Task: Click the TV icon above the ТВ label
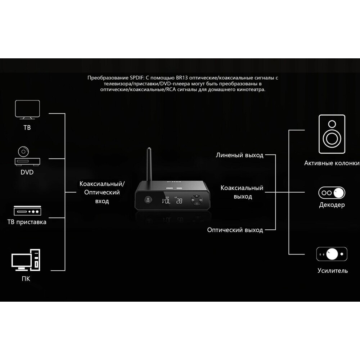point(27,110)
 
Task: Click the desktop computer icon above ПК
point(26,259)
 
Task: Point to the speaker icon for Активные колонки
point(332,134)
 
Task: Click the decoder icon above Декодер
point(332,193)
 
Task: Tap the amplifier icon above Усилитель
point(332,254)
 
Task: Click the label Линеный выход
point(239,156)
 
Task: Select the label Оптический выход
point(235,230)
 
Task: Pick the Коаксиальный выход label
point(242,192)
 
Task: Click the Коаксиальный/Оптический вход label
point(102,192)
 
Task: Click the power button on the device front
point(148,200)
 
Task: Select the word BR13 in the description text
point(183,78)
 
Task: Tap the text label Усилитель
point(333,271)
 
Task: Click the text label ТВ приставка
point(27,222)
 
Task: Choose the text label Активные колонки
point(332,163)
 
